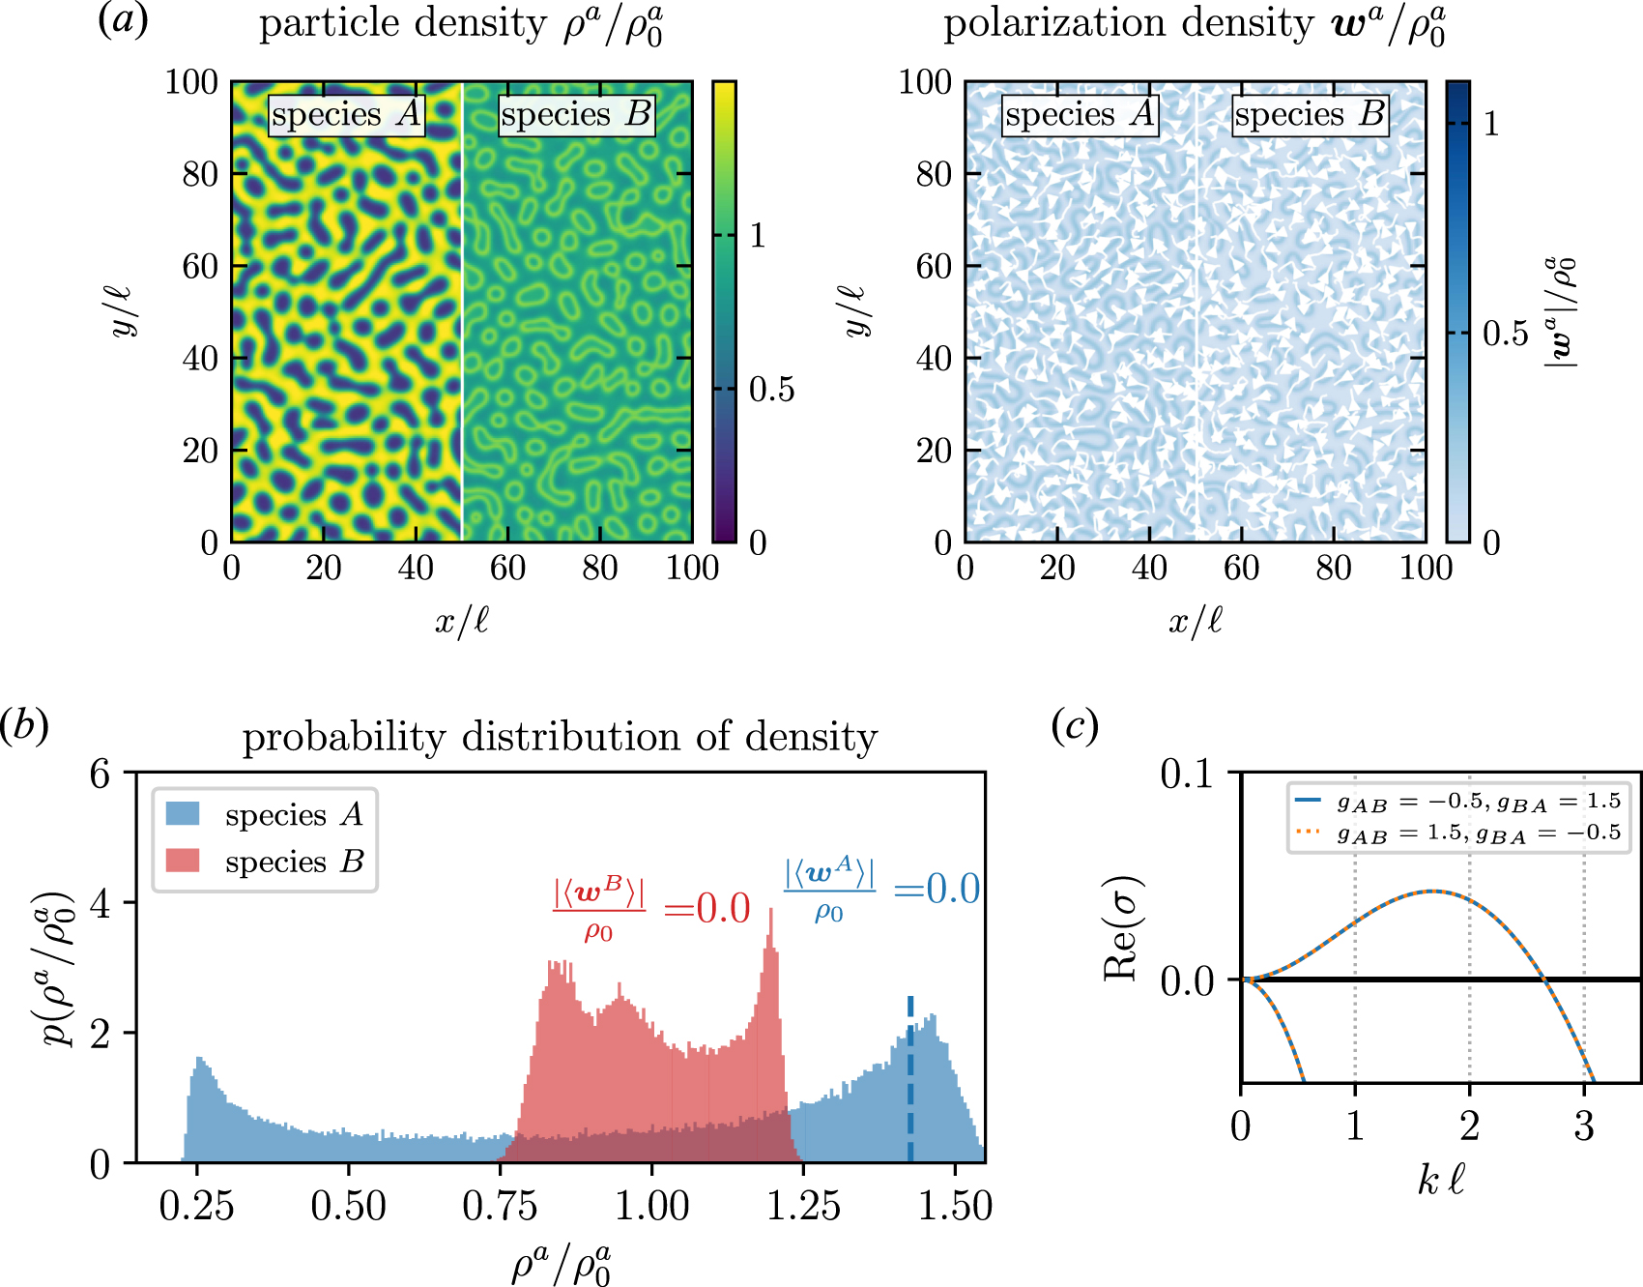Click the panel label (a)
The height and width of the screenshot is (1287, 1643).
tap(123, 21)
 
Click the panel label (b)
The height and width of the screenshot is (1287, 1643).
tap(24, 725)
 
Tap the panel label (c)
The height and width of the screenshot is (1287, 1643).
tap(1074, 725)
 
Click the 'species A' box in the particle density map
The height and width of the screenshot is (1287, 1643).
tap(346, 115)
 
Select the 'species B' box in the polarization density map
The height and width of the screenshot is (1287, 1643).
tap(1311, 115)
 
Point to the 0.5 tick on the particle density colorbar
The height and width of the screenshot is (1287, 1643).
tap(771, 390)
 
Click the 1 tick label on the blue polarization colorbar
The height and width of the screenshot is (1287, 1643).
tap(1491, 124)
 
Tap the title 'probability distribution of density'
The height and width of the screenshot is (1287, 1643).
tap(560, 737)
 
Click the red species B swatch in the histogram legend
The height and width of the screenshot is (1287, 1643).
tap(183, 861)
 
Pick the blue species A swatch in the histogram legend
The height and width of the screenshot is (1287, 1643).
tap(183, 814)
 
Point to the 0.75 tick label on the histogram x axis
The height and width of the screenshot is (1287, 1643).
tap(500, 1206)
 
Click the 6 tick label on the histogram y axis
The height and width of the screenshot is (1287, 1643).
tap(100, 774)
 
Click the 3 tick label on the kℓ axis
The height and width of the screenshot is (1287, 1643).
tap(1583, 1126)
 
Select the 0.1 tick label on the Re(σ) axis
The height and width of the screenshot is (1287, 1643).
tap(1186, 774)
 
